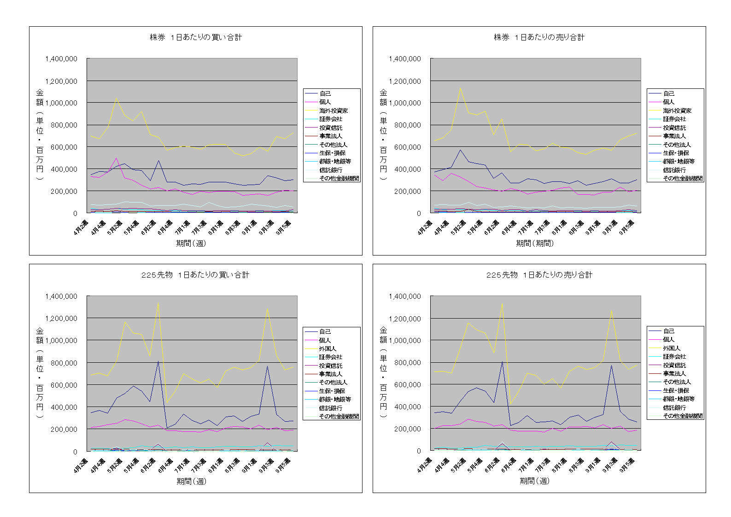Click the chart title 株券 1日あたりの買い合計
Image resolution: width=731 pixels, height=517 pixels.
(x=196, y=37)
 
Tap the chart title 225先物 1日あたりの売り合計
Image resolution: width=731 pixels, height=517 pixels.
(x=539, y=275)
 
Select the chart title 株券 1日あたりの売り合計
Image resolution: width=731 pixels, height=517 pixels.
(x=539, y=37)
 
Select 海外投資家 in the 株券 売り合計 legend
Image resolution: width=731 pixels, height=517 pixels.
(x=677, y=110)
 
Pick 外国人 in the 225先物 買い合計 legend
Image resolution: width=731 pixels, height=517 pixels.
(x=327, y=349)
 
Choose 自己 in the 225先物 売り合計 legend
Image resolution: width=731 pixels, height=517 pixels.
(x=669, y=331)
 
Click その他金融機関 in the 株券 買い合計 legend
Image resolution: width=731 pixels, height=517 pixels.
(x=339, y=178)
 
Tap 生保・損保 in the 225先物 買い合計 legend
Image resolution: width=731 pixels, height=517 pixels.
(x=332, y=391)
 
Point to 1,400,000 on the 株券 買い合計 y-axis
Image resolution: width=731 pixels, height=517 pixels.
(x=61, y=59)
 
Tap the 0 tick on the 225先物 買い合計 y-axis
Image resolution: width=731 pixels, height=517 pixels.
(x=75, y=452)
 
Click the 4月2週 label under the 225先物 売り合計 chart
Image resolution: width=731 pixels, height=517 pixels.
(x=425, y=465)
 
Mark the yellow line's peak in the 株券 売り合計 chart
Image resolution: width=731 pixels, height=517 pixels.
(x=460, y=88)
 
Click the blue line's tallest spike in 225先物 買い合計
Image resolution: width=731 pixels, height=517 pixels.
(x=158, y=361)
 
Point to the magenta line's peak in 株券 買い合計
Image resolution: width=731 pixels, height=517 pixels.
(x=116, y=158)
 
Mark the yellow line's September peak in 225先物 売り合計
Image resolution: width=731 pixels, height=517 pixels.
(x=611, y=311)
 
